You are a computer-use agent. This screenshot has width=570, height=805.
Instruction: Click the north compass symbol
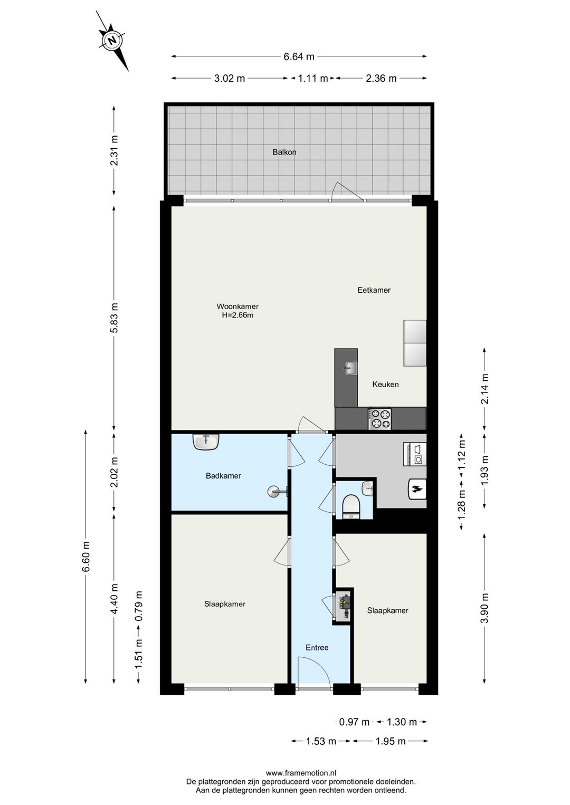click(x=112, y=40)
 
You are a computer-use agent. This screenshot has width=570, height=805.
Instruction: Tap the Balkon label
click(x=284, y=152)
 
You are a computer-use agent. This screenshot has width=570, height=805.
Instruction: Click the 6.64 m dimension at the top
click(x=299, y=56)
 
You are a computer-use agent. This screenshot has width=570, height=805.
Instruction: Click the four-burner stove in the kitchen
click(x=379, y=418)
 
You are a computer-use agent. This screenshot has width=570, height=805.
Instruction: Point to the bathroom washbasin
click(x=206, y=442)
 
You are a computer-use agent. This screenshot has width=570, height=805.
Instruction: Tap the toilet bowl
click(x=349, y=506)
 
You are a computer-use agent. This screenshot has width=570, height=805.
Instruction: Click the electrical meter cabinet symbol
click(x=344, y=607)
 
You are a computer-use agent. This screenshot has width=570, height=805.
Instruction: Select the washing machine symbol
click(x=415, y=454)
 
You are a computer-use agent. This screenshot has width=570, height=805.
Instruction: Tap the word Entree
click(x=317, y=648)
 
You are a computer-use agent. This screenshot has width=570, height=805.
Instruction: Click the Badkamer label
click(x=223, y=476)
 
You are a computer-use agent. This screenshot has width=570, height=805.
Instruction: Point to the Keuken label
click(x=385, y=384)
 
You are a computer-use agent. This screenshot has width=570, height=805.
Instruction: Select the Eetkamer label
click(x=374, y=290)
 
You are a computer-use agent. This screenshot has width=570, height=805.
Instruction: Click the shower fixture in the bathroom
click(x=278, y=491)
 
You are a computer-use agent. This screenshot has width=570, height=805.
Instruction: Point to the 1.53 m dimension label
click(x=320, y=741)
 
